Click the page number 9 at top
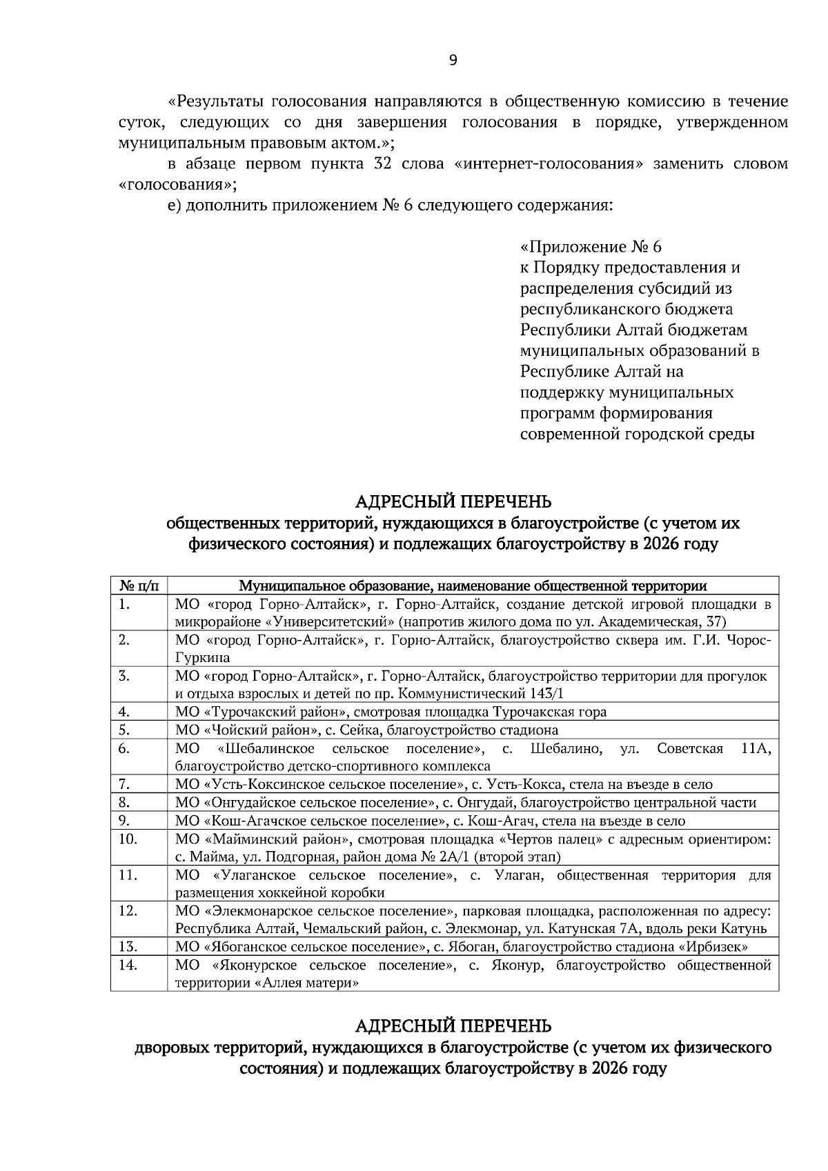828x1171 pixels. click(x=453, y=61)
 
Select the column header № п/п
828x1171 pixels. click(x=139, y=586)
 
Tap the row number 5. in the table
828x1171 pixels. click(x=125, y=730)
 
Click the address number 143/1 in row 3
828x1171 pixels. click(x=546, y=694)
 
